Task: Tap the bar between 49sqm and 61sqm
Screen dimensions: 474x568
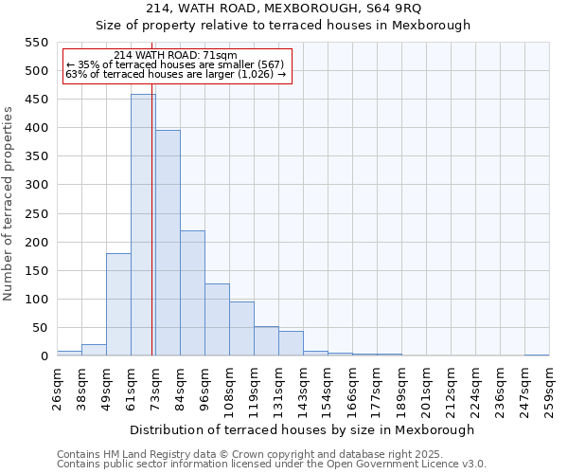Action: tap(118, 304)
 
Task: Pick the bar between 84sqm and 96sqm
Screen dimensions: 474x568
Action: tap(192, 293)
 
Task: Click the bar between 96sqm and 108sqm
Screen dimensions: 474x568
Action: tap(217, 319)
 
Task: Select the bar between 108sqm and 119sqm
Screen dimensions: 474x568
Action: tap(241, 328)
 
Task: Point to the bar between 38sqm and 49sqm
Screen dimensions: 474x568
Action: tap(94, 350)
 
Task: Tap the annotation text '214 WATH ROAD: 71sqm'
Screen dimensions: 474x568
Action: tap(175, 56)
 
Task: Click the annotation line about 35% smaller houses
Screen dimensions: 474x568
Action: tap(175, 65)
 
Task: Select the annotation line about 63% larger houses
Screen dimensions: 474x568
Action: tap(175, 75)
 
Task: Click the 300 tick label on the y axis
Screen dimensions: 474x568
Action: tap(35, 185)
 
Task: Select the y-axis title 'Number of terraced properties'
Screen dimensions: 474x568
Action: tap(9, 204)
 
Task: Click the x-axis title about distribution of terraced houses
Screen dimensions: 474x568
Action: tap(302, 429)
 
